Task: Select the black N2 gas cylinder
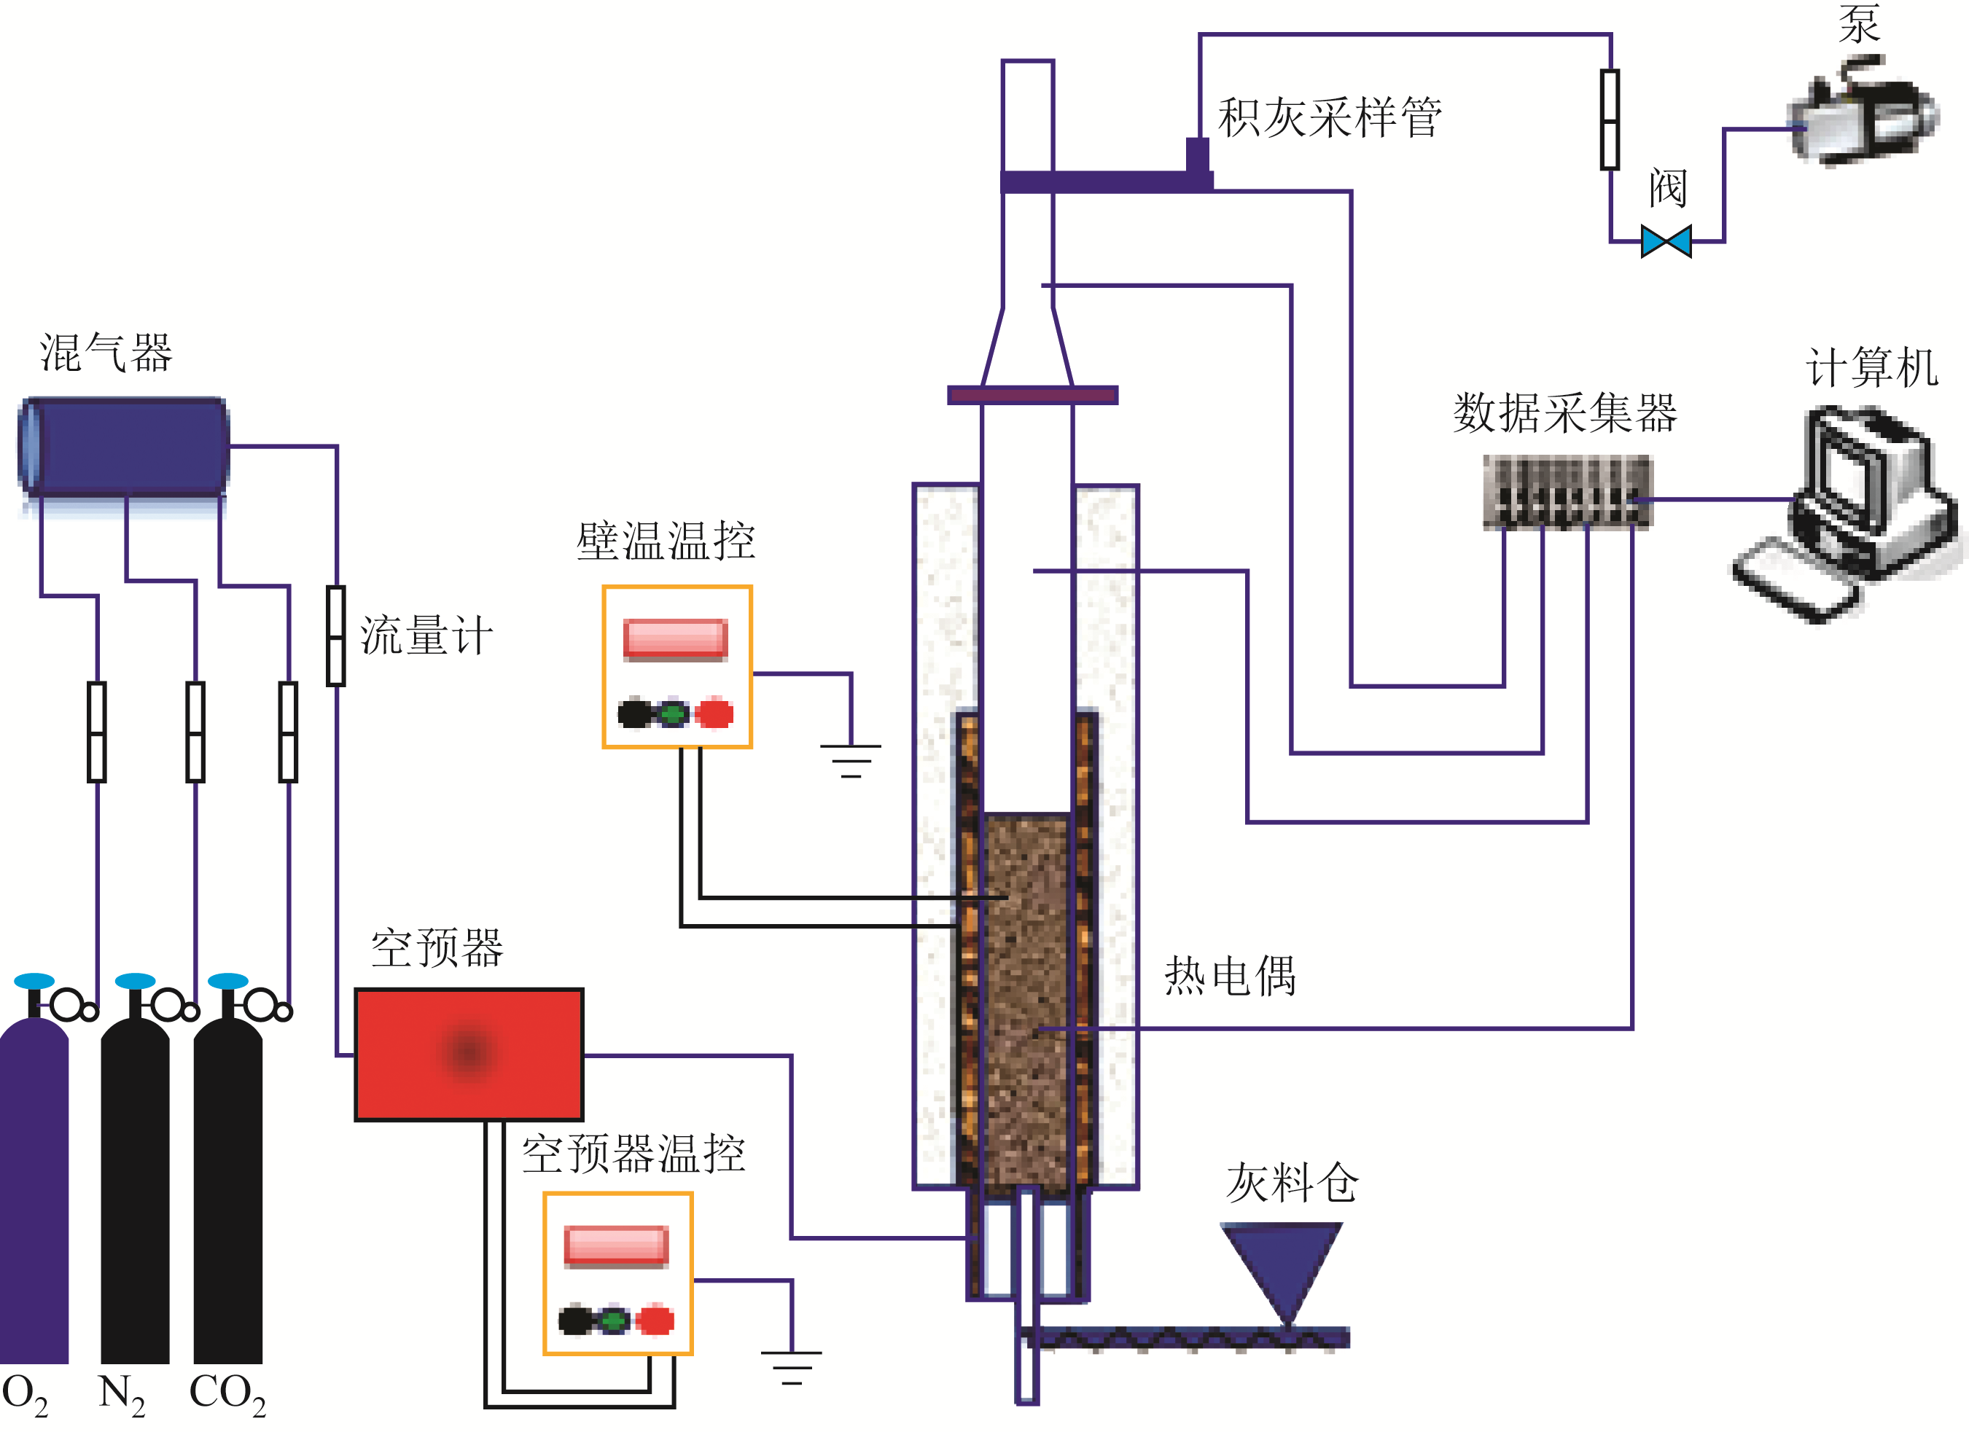coord(135,1189)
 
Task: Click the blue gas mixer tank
coord(123,447)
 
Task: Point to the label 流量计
coord(426,635)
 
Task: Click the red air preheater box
coord(469,1055)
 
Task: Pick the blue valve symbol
coord(1666,241)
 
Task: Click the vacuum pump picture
coord(1863,113)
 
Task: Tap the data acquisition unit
coord(1567,491)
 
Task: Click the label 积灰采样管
coord(1329,117)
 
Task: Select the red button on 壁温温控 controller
coord(714,713)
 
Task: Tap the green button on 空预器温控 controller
coord(614,1321)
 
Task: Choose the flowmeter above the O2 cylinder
coord(97,732)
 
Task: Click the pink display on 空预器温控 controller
coord(617,1245)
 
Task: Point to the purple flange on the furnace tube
coord(1032,396)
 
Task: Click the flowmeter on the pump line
coord(1610,120)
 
